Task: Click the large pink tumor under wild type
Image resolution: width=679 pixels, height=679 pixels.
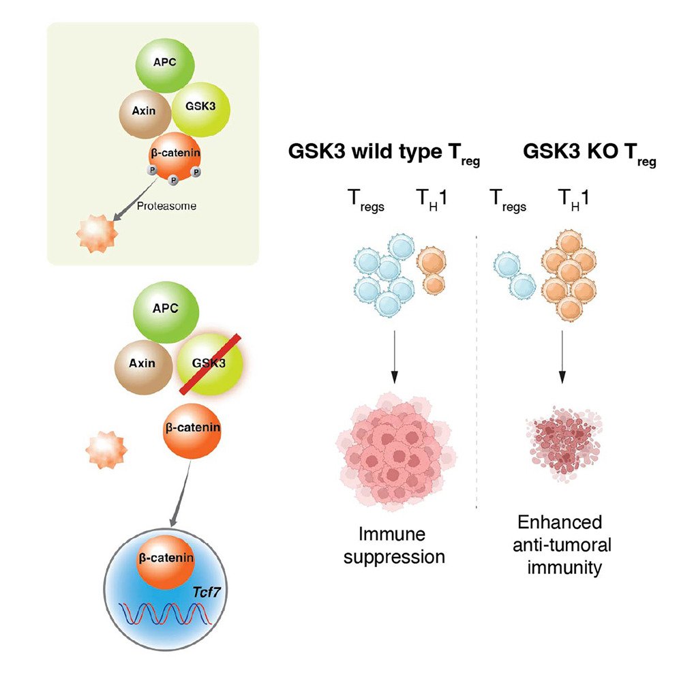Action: pos(393,455)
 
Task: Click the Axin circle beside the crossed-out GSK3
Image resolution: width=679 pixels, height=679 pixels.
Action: pos(145,363)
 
